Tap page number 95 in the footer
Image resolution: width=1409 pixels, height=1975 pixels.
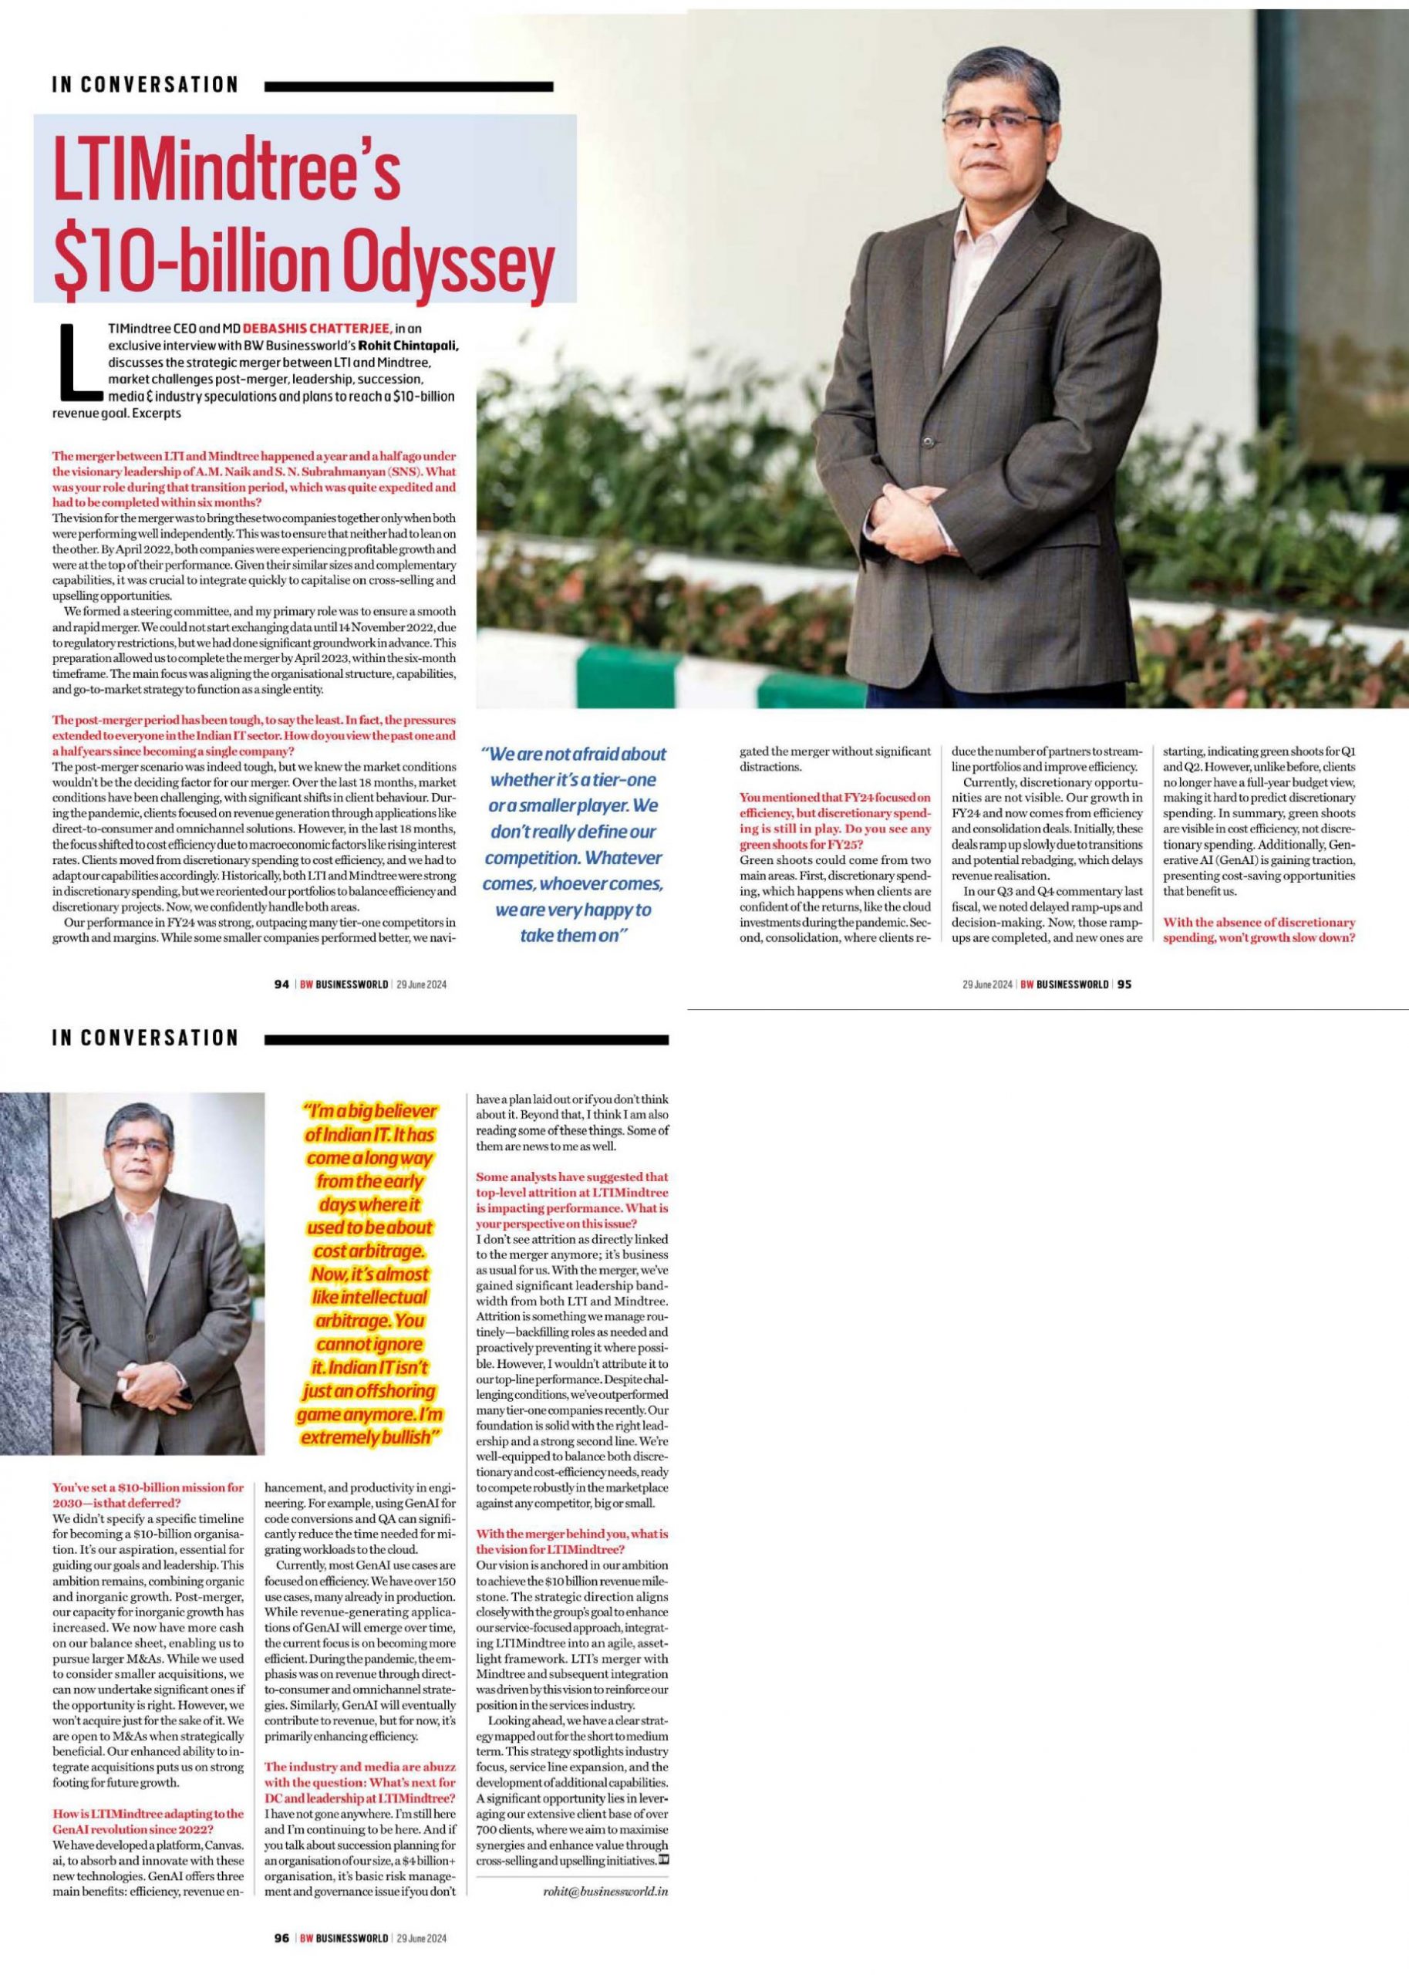(1125, 984)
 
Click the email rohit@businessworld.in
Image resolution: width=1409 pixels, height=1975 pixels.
(604, 1885)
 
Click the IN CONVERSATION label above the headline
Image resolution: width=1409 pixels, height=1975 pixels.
(145, 85)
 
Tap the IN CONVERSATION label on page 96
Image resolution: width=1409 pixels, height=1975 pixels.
(145, 1038)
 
